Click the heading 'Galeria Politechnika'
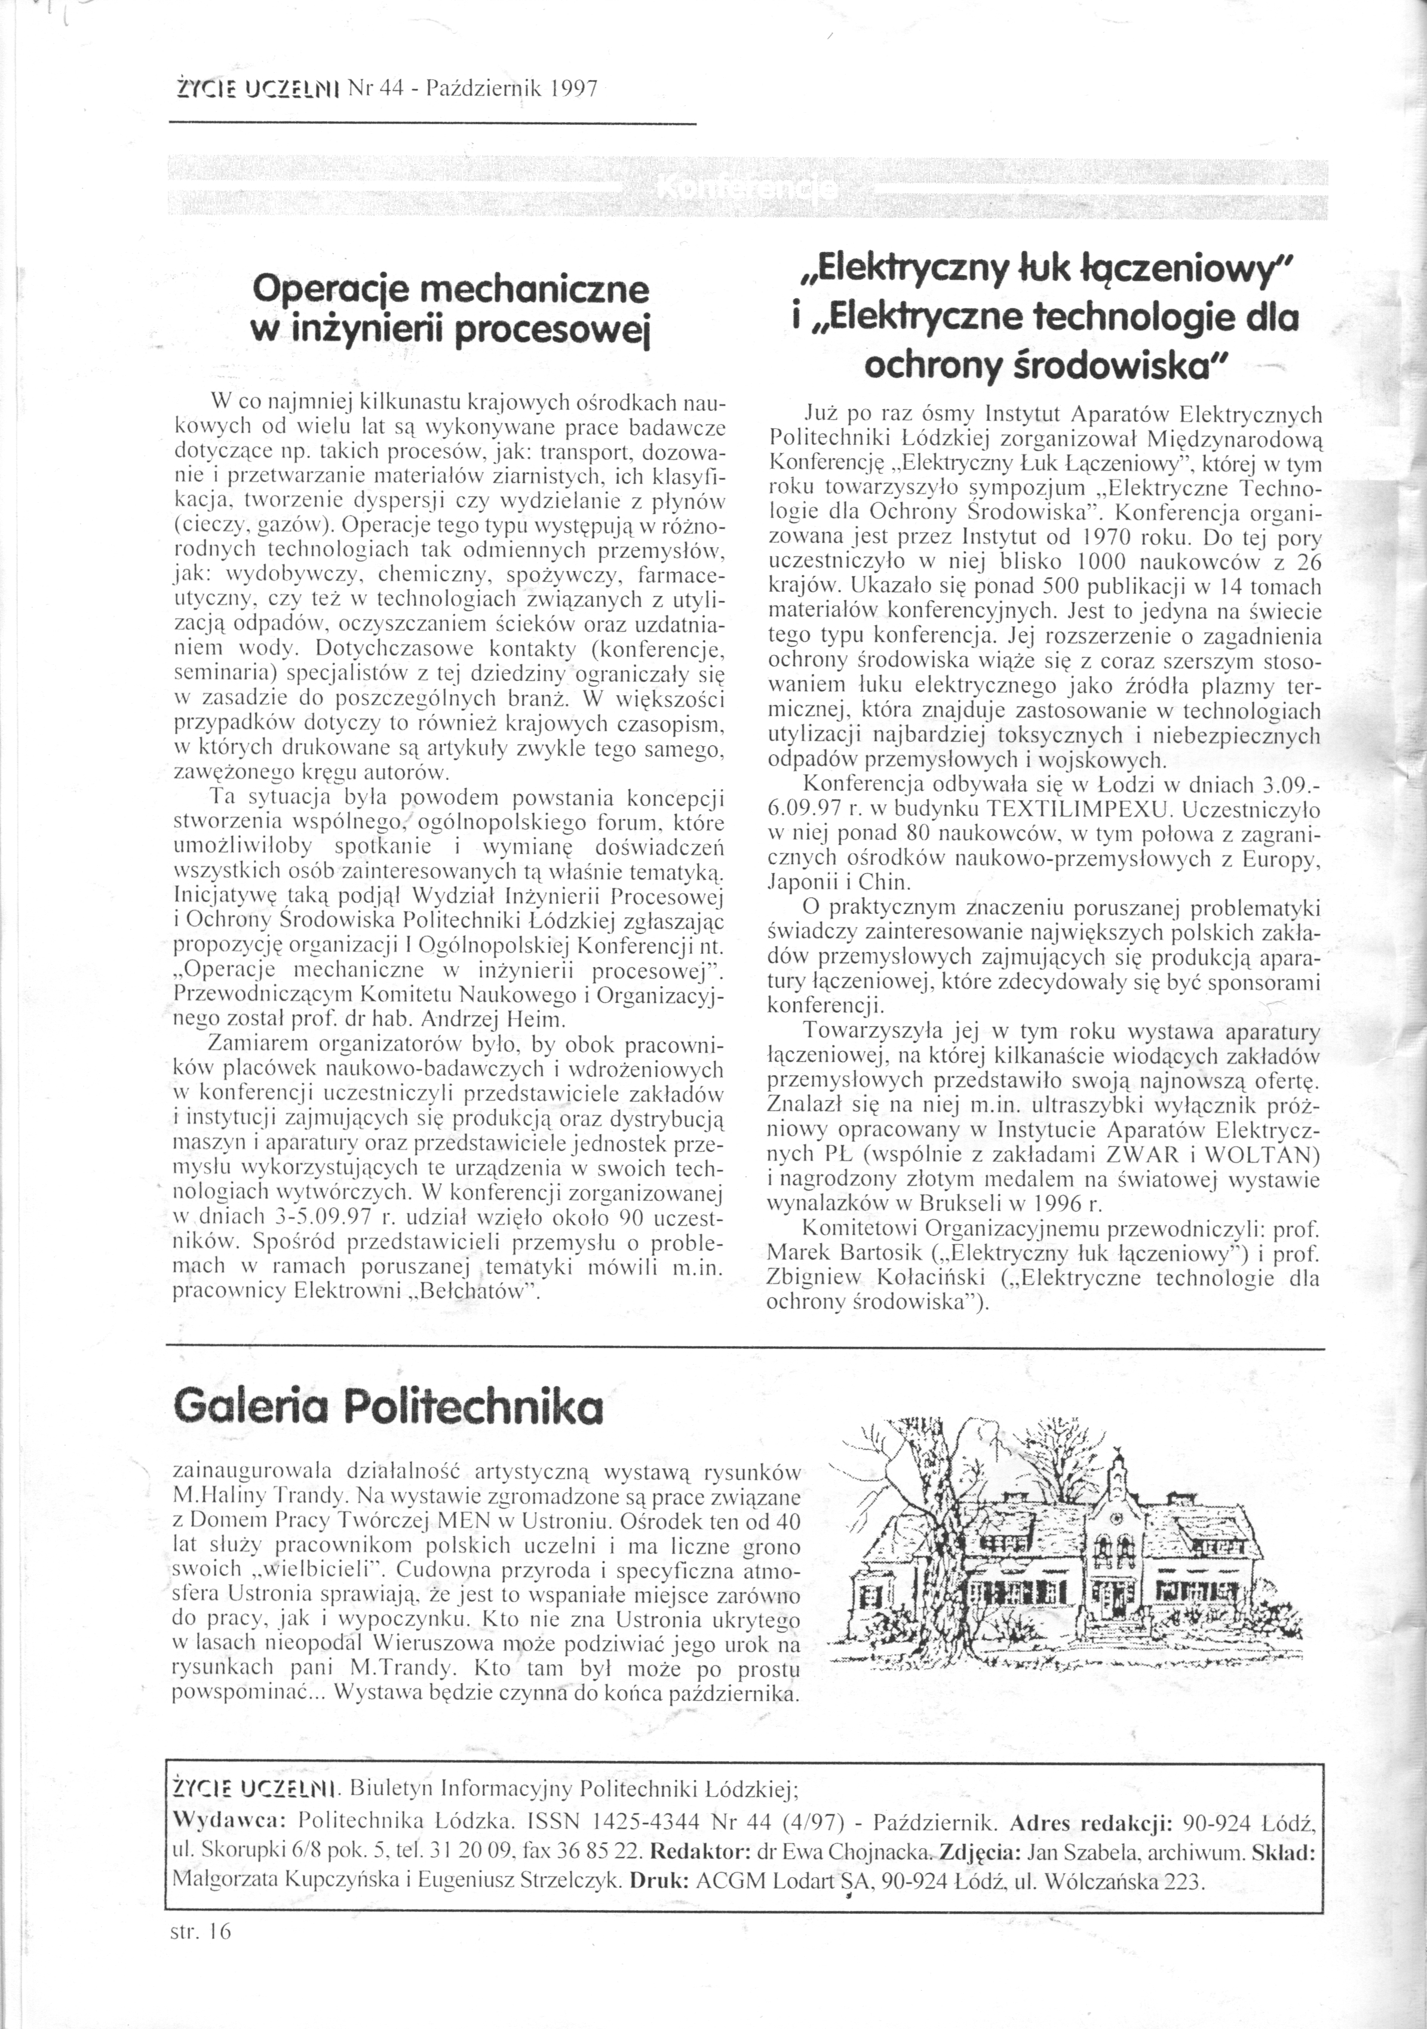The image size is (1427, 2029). tap(389, 1406)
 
